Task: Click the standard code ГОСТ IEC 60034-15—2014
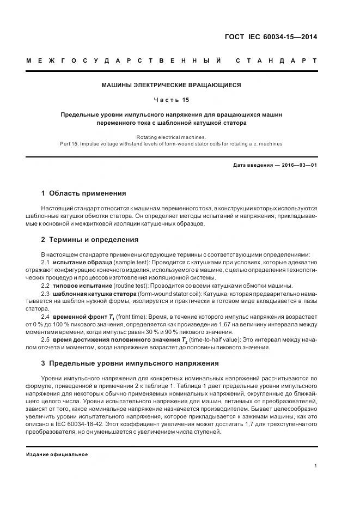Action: click(271, 38)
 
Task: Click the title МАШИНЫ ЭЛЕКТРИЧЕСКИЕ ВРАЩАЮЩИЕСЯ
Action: click(172, 85)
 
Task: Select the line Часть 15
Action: click(172, 100)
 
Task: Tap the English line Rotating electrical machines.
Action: click(172, 137)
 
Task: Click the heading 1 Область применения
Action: click(84, 193)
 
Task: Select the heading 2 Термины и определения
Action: click(90, 239)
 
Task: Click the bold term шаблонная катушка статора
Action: click(95, 294)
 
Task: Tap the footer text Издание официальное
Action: click(57, 454)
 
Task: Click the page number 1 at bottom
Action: click(316, 466)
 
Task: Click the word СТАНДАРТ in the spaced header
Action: click(276, 60)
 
